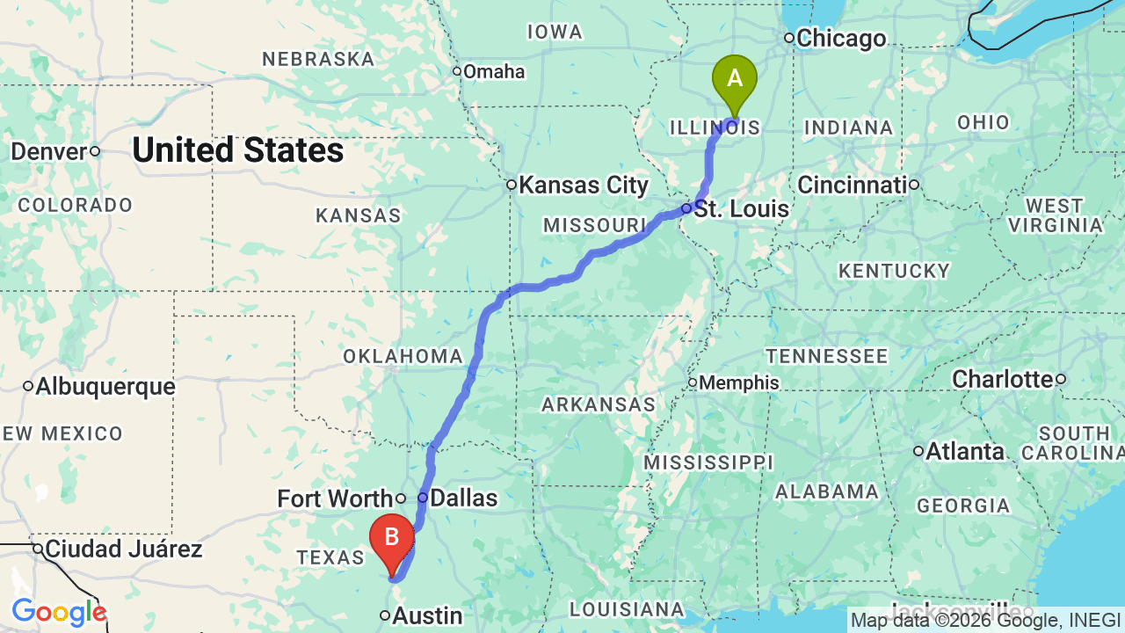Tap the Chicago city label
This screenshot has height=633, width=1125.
pyautogui.click(x=841, y=39)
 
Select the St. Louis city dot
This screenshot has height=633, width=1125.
pyautogui.click(x=686, y=208)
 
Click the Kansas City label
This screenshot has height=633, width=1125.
pyautogui.click(x=584, y=186)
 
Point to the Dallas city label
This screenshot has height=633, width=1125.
pyautogui.click(x=463, y=498)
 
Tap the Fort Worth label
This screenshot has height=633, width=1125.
pyautogui.click(x=334, y=499)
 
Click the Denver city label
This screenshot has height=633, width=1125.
pyautogui.click(x=49, y=151)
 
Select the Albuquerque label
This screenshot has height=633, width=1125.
pyautogui.click(x=105, y=387)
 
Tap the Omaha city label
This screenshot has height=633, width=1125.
pyautogui.click(x=494, y=72)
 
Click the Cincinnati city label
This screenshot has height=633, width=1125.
pyautogui.click(x=852, y=186)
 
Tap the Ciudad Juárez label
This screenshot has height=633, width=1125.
pyautogui.click(x=124, y=550)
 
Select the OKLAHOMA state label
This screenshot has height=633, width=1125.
pyautogui.click(x=403, y=357)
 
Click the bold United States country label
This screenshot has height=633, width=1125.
pyautogui.click(x=238, y=151)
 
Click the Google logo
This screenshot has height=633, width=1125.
pyautogui.click(x=59, y=613)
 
